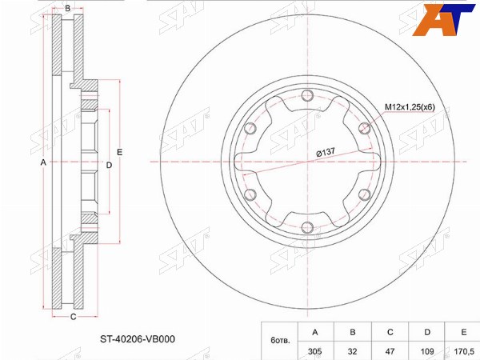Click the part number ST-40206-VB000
click(138, 339)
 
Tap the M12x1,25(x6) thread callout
click(410, 107)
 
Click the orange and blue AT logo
click(443, 20)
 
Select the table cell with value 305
click(315, 351)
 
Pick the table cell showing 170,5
click(462, 351)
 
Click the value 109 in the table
click(426, 351)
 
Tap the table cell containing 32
click(352, 351)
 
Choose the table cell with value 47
click(390, 351)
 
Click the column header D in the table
click(426, 332)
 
